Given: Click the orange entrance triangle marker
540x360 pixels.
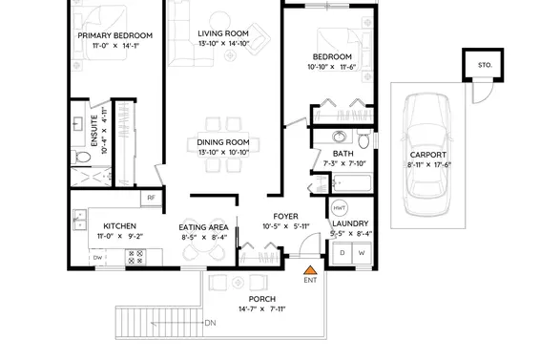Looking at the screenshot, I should [308, 268].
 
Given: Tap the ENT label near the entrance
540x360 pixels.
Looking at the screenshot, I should [309, 280].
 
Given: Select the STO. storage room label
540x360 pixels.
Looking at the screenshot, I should [483, 65].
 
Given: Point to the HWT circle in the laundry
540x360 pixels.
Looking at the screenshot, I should [339, 207].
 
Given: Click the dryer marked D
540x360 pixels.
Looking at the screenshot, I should [342, 253].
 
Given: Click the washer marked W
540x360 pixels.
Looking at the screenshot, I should [362, 253].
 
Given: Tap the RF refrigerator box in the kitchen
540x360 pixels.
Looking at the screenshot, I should [151, 199].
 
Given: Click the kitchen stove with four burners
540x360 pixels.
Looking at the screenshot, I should [135, 256].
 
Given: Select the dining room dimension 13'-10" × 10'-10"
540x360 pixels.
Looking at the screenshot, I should [222, 152].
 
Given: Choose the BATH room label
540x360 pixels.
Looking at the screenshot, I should [343, 153].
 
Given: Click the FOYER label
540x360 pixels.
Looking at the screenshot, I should [286, 216].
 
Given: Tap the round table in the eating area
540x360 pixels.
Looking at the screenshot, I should [201, 251].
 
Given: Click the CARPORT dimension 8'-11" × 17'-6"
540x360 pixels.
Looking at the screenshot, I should [428, 164].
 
